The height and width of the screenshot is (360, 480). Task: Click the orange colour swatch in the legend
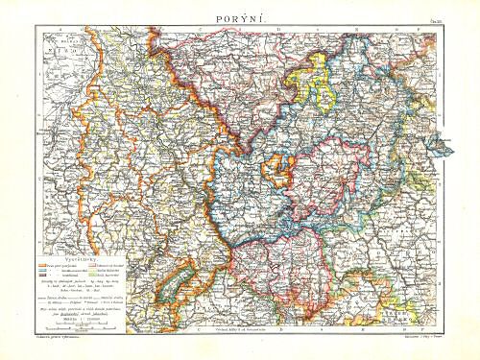coord(41,265)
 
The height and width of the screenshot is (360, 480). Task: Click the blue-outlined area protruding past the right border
coord(441,145)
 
